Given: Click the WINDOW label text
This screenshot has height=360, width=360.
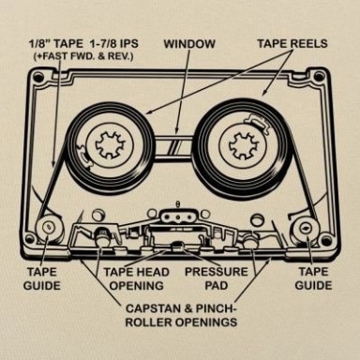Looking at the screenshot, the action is (189, 44).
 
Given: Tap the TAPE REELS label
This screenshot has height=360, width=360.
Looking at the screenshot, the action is (292, 44).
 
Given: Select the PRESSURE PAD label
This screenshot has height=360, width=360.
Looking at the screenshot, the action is (217, 278).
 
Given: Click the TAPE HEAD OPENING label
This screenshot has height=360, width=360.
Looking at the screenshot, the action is (137, 278).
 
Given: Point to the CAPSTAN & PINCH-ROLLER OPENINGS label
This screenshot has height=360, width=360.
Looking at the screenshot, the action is (181, 315).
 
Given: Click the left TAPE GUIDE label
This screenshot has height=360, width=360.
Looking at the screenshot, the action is (42, 278).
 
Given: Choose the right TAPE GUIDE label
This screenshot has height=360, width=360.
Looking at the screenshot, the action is (313, 278).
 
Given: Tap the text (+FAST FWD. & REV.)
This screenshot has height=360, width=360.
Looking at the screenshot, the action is (83, 57).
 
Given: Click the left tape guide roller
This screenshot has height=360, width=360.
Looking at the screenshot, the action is (48, 227).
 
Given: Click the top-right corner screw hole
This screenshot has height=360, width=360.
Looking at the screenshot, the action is (319, 77).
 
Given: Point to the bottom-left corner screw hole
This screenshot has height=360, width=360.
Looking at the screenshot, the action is (30, 239).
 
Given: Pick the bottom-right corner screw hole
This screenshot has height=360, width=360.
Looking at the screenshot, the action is (326, 241).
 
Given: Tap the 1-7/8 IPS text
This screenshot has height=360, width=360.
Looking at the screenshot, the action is (112, 44).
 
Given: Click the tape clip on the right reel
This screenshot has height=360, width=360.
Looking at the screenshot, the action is (259, 122).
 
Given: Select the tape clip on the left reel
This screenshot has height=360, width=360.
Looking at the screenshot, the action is (83, 155).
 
